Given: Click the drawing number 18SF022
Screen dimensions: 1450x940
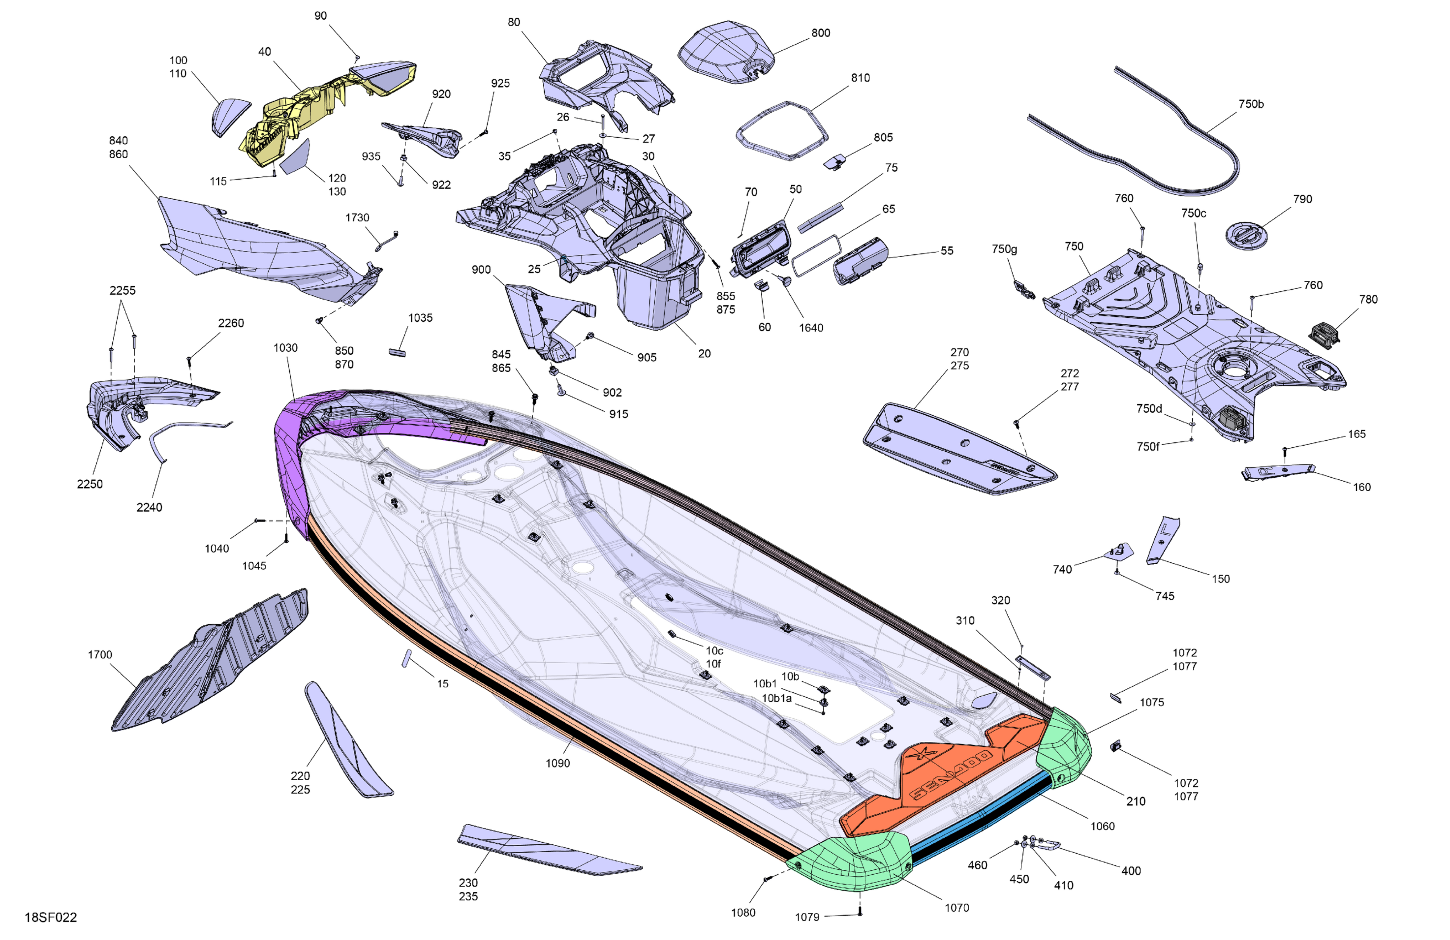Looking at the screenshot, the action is (50, 917).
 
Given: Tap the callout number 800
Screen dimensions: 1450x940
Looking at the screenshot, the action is (821, 33).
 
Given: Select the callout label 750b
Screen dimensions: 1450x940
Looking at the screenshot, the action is (1251, 104).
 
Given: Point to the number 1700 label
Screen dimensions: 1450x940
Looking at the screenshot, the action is (100, 654).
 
